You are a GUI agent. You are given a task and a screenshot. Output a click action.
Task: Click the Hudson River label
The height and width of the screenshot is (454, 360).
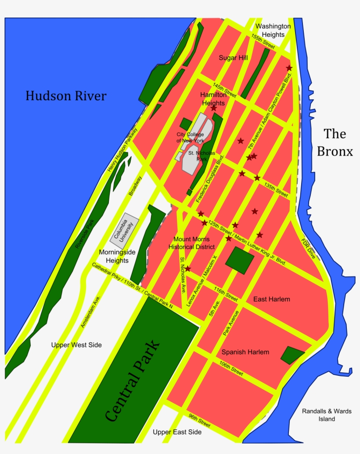pyautogui.click(x=66, y=96)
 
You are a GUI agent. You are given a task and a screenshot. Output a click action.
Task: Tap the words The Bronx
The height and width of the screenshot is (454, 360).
pyautogui.click(x=335, y=142)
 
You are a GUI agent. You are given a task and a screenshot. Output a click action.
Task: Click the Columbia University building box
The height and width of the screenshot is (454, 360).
pyautogui.click(x=124, y=230)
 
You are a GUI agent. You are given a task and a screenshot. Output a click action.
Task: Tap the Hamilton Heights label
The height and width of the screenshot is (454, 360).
pyautogui.click(x=213, y=99)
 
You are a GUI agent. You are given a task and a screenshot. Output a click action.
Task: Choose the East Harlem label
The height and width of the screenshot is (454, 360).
pyautogui.click(x=272, y=299)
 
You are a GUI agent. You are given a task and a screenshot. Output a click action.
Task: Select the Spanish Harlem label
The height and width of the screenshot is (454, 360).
pyautogui.click(x=245, y=352)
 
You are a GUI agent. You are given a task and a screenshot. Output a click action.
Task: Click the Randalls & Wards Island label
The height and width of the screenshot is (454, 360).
pyautogui.click(x=327, y=415)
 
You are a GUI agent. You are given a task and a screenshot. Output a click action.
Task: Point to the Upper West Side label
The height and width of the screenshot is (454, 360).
pyautogui.click(x=76, y=345)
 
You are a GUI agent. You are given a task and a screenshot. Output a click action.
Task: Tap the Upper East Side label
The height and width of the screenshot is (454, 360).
pyautogui.click(x=177, y=432)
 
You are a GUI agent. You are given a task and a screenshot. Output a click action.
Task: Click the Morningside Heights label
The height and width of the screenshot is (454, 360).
pyautogui.click(x=117, y=256)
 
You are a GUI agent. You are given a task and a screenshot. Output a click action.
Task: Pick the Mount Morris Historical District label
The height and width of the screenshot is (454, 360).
pyautogui.click(x=191, y=243)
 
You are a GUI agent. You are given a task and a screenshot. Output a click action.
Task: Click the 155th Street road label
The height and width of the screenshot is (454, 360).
pyautogui.click(x=263, y=42)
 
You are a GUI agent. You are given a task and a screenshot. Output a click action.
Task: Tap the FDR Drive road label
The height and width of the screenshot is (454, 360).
pyautogui.click(x=309, y=248)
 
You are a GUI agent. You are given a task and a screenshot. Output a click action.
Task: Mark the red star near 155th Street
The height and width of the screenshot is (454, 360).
pyautogui.click(x=289, y=68)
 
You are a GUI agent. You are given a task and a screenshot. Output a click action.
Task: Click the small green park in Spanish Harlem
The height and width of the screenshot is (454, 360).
pyautogui.click(x=292, y=355)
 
